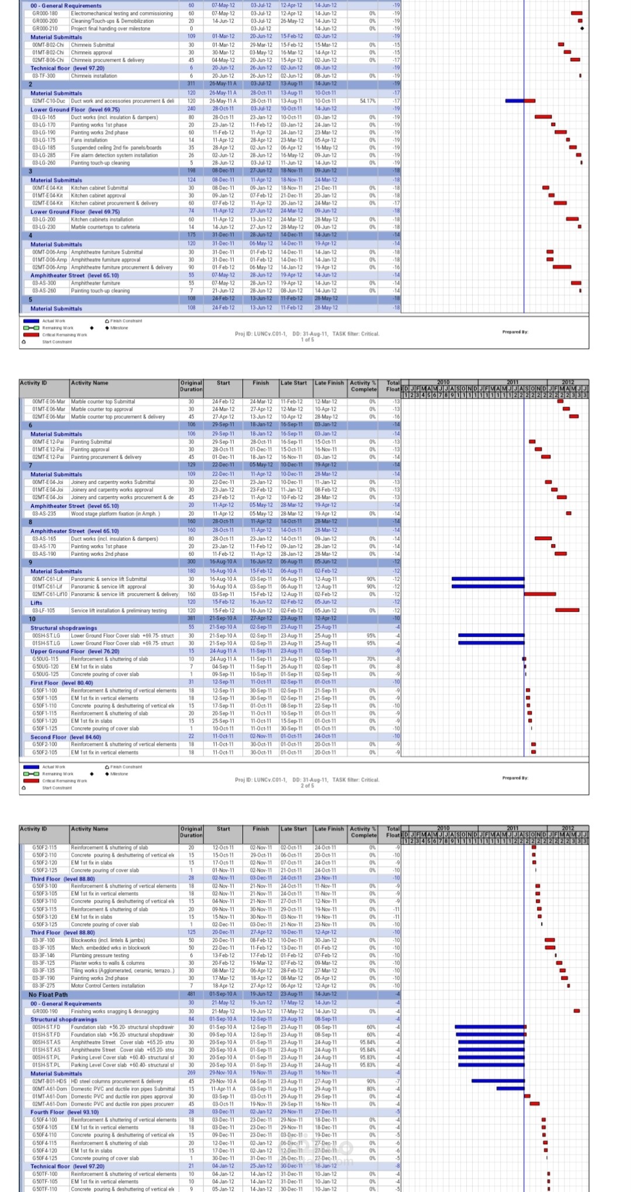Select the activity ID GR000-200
pyautogui.click(x=45, y=20)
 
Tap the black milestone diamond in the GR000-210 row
pyautogui.click(x=582, y=28)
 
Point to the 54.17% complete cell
pyautogui.click(x=367, y=101)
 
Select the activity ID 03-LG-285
pyautogui.click(x=44, y=155)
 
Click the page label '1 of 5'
pyautogui.click(x=307, y=339)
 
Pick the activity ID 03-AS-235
pyautogui.click(x=44, y=514)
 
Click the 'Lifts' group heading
pyautogui.click(x=36, y=602)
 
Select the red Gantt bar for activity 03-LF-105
pyautogui.click(x=567, y=610)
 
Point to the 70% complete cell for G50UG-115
pyautogui.click(x=371, y=659)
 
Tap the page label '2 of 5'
pyautogui.click(x=307, y=785)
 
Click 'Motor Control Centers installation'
pyautogui.click(x=108, y=986)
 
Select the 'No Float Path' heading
pyautogui.click(x=48, y=995)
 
